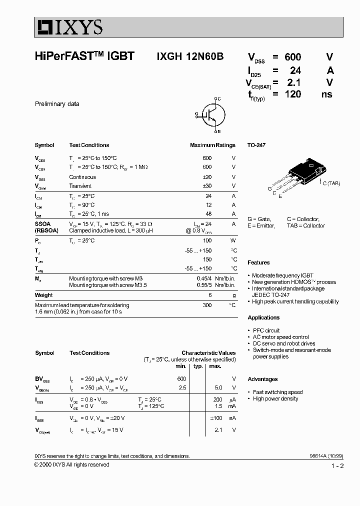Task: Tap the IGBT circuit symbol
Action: pos(210,115)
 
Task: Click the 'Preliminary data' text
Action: pos(57,104)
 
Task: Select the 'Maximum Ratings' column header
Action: pos(212,145)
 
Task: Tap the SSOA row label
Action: pos(42,223)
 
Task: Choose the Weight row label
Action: pos(43,295)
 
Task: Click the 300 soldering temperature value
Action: pos(206,305)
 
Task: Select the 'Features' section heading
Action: pos(258,262)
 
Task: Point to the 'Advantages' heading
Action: pos(262,379)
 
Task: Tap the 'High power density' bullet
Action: pos(275,398)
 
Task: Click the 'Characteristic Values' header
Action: pos(208,353)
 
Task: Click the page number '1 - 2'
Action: pos(337,466)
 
